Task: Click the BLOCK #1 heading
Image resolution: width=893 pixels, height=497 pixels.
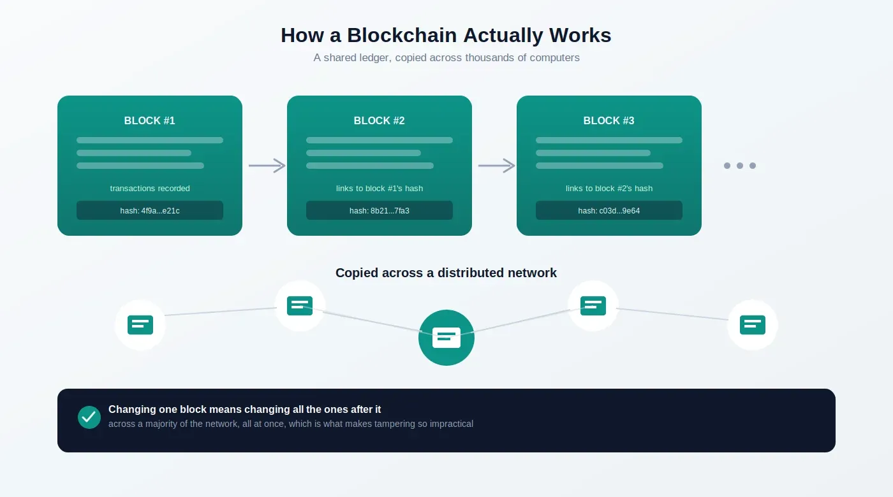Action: click(x=149, y=120)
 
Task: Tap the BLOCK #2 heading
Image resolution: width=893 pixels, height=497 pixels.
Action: click(x=379, y=120)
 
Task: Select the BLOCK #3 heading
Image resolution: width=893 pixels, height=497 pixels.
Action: click(x=609, y=120)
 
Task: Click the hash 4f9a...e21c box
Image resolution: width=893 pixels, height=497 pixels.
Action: click(x=150, y=210)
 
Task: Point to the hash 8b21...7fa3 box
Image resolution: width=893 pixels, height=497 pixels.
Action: click(x=380, y=210)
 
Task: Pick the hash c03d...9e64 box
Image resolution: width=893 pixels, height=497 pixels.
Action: click(x=609, y=210)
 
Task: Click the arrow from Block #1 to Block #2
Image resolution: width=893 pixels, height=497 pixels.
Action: click(x=267, y=166)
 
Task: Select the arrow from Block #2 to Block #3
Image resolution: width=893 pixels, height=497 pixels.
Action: click(x=497, y=166)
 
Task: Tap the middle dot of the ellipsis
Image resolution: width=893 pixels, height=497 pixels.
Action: click(x=740, y=166)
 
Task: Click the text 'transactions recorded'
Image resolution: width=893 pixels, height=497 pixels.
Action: click(x=150, y=189)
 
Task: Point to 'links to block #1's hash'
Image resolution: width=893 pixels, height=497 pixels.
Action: click(x=380, y=189)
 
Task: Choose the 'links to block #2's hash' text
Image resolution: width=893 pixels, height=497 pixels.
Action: click(x=609, y=189)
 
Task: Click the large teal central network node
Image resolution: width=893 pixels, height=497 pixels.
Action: click(x=447, y=338)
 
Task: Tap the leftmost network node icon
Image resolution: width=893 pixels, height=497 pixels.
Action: click(x=140, y=325)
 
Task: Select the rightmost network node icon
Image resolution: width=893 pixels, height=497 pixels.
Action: click(x=753, y=325)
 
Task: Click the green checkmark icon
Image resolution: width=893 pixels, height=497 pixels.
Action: click(x=89, y=417)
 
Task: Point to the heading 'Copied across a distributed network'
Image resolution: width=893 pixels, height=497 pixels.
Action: click(x=446, y=273)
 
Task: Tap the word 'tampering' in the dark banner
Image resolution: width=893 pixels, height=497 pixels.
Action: click(x=394, y=424)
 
